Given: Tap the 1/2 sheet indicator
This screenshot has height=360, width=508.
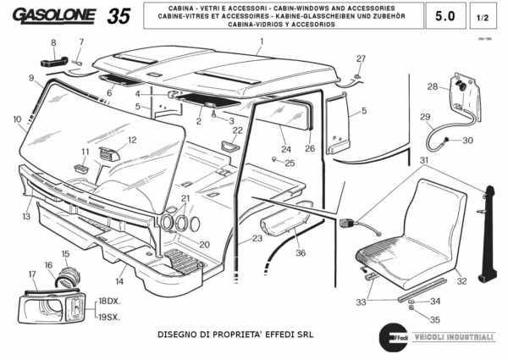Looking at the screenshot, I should [x=483, y=16].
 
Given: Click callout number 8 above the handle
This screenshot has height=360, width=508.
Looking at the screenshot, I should [x=52, y=42].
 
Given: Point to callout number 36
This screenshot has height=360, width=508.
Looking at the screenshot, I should [x=301, y=252].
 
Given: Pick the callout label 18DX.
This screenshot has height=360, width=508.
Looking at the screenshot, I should [x=108, y=301].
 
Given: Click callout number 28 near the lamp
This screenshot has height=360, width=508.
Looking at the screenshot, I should [x=432, y=86].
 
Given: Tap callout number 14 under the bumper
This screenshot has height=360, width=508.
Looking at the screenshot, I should [x=120, y=280].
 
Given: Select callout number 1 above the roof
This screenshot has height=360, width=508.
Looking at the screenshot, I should [x=262, y=41].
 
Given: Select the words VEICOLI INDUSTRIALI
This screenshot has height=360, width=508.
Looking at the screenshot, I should [x=452, y=337].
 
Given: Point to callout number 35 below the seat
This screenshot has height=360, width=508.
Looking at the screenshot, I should [x=435, y=319].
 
